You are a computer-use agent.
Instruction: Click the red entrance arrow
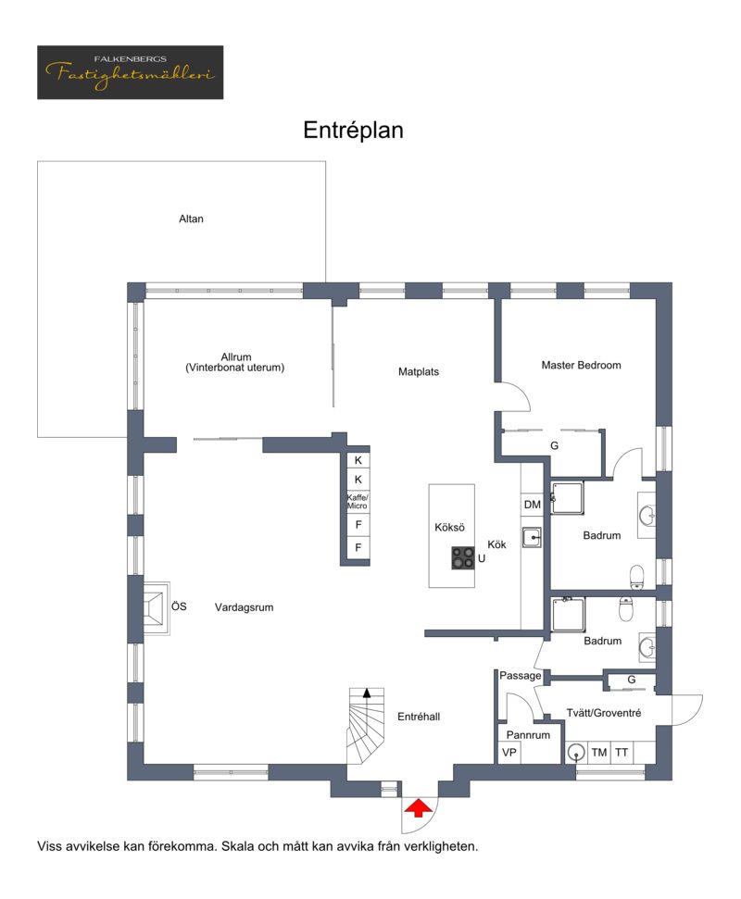click(x=418, y=807)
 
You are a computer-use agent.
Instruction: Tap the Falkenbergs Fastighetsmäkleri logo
click(x=131, y=73)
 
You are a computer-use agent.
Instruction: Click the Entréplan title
click(x=353, y=131)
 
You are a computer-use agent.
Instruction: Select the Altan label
click(x=191, y=219)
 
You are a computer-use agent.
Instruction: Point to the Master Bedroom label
click(x=581, y=365)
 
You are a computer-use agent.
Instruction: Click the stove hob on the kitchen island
click(x=463, y=558)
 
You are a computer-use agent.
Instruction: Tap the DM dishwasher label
click(x=533, y=505)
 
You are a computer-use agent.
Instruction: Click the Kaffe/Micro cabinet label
click(x=358, y=502)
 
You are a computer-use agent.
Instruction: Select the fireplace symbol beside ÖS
click(x=156, y=608)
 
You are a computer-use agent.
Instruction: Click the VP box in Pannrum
click(x=509, y=752)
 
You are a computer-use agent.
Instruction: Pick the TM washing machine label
click(x=599, y=752)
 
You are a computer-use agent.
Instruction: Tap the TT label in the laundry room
click(x=622, y=752)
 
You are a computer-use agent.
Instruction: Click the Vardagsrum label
click(x=245, y=607)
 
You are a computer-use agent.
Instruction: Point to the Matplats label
click(x=419, y=371)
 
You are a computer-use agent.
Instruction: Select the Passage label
click(x=521, y=676)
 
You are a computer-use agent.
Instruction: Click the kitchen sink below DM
click(x=532, y=538)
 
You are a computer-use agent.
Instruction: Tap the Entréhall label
click(x=419, y=717)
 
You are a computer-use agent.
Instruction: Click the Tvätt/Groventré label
click(x=604, y=713)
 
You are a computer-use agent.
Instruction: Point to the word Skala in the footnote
click(x=237, y=846)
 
